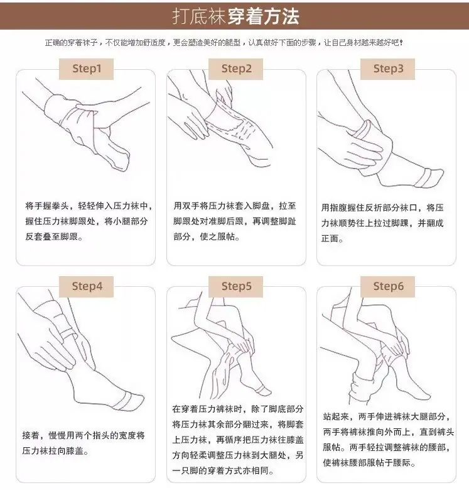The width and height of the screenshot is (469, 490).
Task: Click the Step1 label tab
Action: pos(87,69)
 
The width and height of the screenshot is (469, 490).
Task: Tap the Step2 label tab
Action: pos(235,69)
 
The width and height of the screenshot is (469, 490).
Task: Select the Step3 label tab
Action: pos(387,69)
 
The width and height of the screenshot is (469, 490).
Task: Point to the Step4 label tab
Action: pos(87,286)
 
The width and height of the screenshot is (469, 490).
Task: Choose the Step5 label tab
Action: pos(235,286)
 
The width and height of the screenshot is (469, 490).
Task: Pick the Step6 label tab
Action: pos(387,286)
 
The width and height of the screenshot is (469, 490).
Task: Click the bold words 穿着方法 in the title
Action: pos(264,16)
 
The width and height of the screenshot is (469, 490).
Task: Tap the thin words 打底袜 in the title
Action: pos(199,16)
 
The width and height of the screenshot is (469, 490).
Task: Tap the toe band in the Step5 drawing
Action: pos(261,389)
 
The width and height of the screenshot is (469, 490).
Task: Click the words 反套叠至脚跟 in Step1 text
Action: pos(51,237)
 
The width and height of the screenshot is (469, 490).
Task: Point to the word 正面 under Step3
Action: pos(330,239)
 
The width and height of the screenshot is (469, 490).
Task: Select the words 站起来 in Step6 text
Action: pos(336,416)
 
